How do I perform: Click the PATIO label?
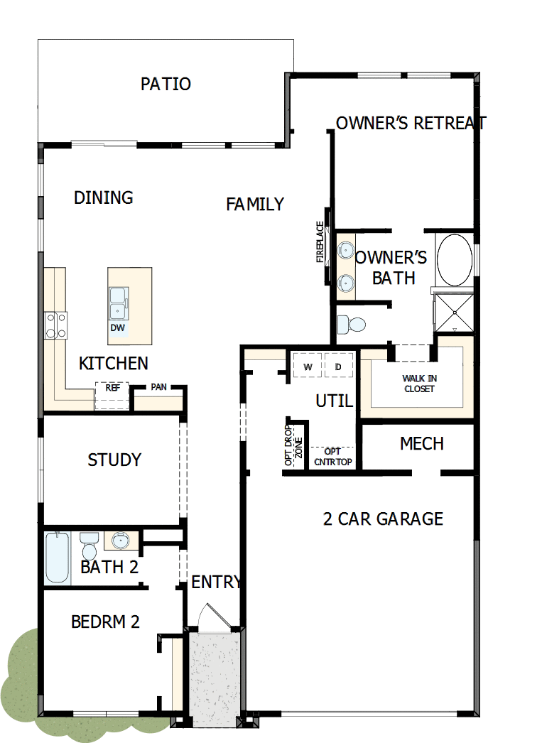166,84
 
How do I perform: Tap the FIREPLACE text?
320,242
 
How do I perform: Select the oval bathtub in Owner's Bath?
454,260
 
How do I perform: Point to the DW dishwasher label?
117,328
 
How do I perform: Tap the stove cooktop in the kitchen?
56,325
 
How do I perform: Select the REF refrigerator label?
112,388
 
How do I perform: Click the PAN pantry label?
158,388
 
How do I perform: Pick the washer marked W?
308,367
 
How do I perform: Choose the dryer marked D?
339,367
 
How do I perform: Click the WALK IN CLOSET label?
419,384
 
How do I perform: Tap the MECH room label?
422,444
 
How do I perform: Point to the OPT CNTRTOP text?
332,456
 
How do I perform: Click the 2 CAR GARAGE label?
383,519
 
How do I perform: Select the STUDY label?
114,460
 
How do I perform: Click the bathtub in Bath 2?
57,558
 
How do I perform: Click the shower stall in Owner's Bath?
452,312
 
